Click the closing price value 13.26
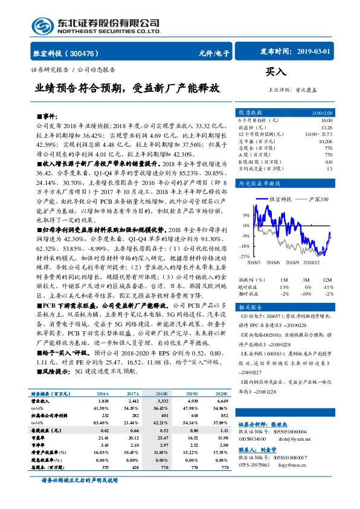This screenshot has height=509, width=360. pyautogui.click(x=326, y=127)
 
